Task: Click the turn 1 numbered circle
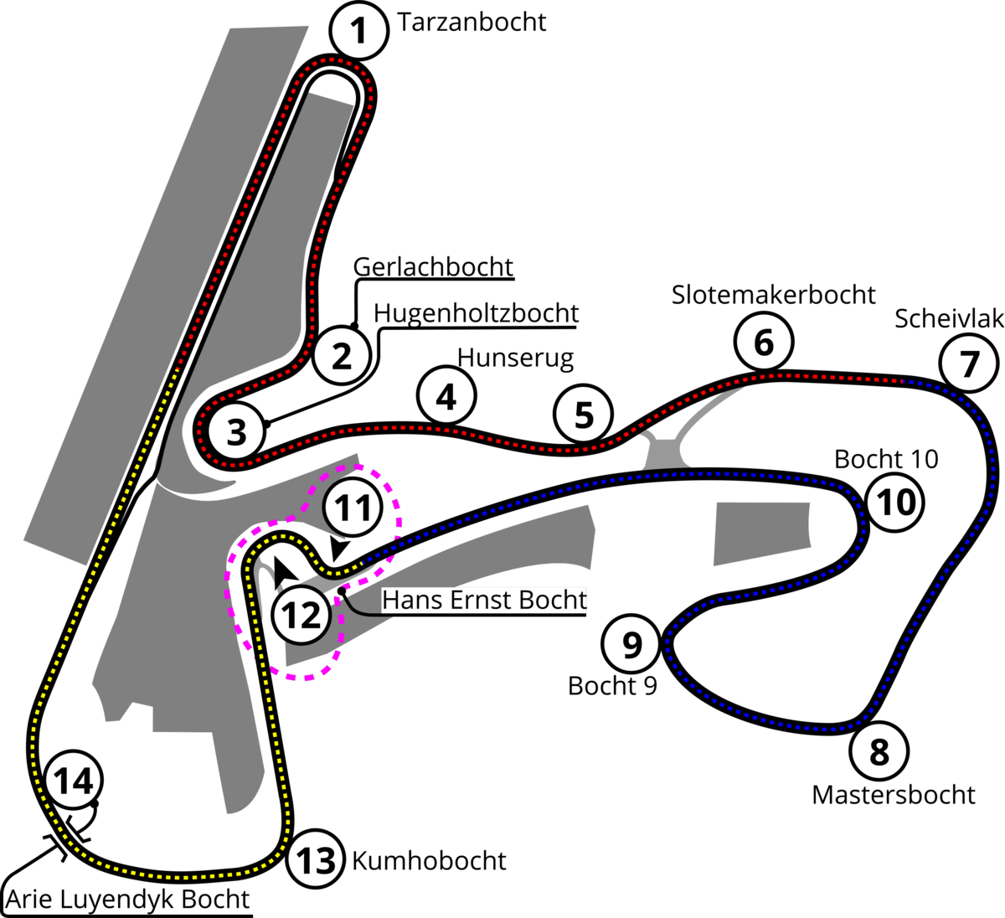358,30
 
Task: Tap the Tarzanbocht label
472,22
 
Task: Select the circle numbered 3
236,431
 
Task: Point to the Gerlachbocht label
433,267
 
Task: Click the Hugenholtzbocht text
476,314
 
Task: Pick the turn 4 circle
446,396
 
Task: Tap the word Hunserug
515,358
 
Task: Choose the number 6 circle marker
764,342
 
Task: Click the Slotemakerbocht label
774,295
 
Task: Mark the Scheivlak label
950,318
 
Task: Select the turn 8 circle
879,751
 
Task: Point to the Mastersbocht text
894,795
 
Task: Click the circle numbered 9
631,644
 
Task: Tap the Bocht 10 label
886,459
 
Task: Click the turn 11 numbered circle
353,507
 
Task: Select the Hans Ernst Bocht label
484,600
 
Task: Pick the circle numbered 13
316,860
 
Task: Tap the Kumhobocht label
429,861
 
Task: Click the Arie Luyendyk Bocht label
128,899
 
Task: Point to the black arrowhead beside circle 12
284,571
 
